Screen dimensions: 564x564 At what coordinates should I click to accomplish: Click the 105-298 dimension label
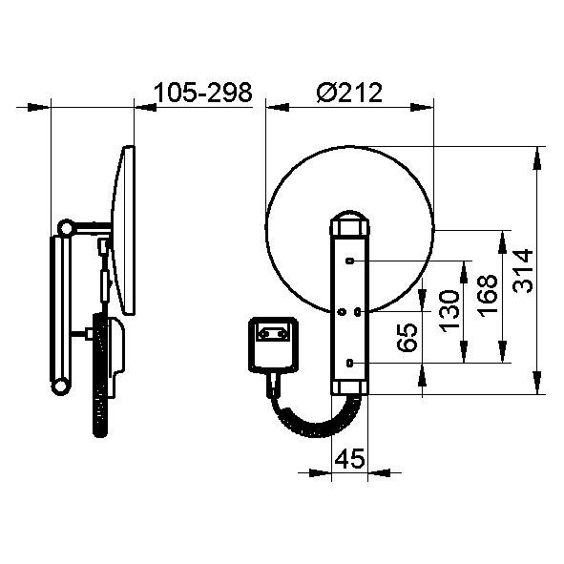click(x=203, y=93)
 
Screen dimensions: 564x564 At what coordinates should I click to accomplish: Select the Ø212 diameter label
click(x=349, y=93)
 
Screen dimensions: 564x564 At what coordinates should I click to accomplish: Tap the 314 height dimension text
click(x=523, y=271)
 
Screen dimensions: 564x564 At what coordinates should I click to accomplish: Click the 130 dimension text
click(x=449, y=311)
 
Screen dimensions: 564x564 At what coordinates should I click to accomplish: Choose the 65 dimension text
click(x=407, y=337)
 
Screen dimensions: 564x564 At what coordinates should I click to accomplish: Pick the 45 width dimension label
click(x=349, y=459)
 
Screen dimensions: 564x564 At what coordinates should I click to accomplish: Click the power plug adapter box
click(x=274, y=345)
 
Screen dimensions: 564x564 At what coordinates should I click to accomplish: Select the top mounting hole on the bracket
click(x=349, y=261)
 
